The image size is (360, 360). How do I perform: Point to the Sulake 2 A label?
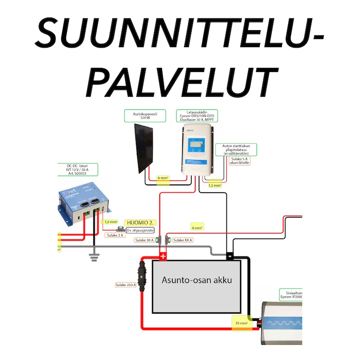[x=115, y=235]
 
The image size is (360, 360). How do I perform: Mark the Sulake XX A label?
[x=182, y=240]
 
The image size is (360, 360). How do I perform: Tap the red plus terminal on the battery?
[x=163, y=256]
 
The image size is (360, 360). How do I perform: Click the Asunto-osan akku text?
[x=197, y=280]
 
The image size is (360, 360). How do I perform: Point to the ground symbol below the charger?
[x=93, y=257]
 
